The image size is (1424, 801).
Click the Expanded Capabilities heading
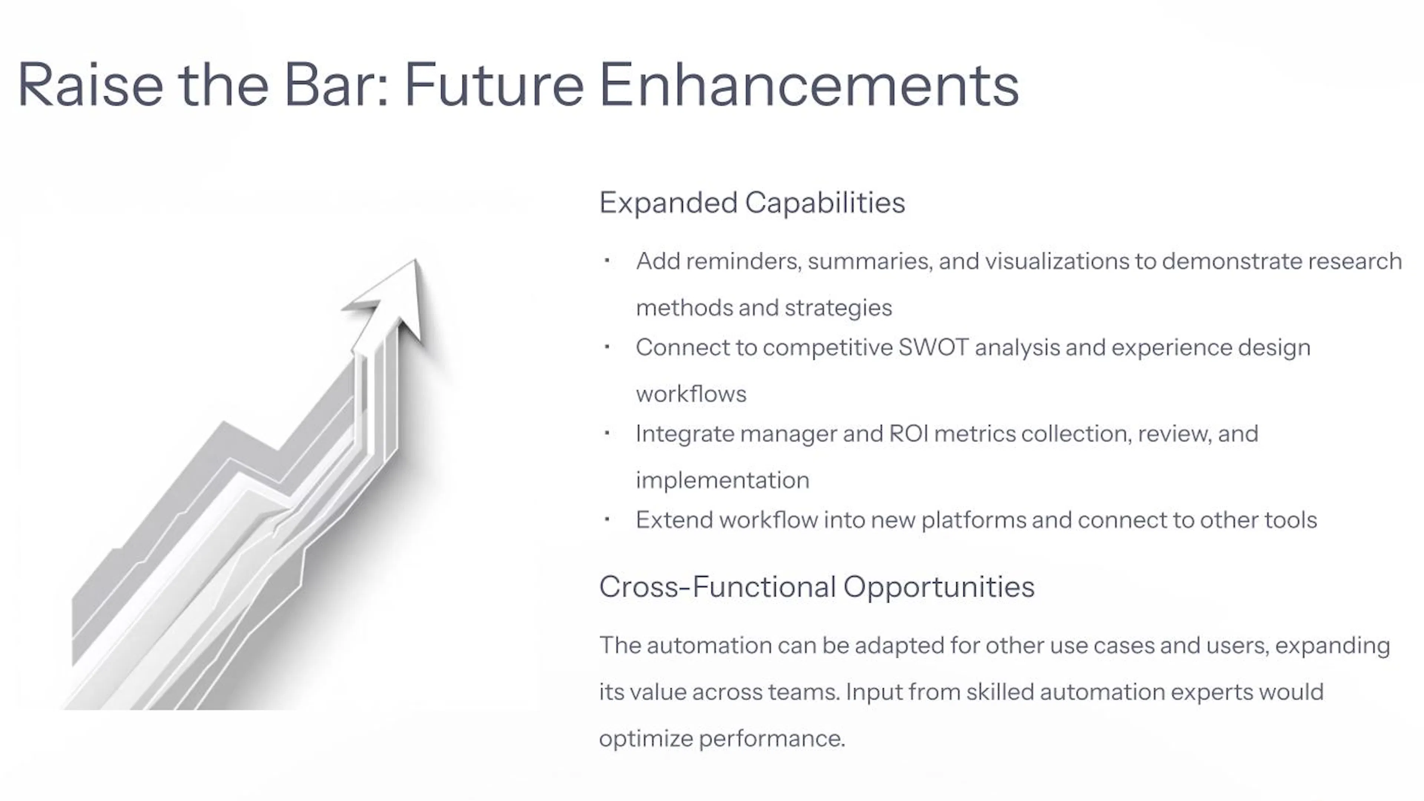pyautogui.click(x=752, y=203)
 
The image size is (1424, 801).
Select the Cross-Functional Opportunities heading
pyautogui.click(x=817, y=587)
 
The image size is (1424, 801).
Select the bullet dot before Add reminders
pyautogui.click(x=607, y=260)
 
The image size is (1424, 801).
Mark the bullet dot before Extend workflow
pyautogui.click(x=607, y=519)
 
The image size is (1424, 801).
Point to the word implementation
pyautogui.click(x=722, y=480)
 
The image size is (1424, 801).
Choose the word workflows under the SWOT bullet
pyautogui.click(x=691, y=394)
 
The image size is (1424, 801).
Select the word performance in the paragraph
pyautogui.click(x=772, y=739)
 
